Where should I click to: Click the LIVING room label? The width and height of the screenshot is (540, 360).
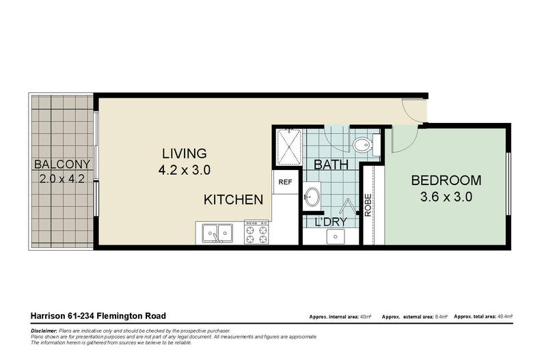coord(184,152)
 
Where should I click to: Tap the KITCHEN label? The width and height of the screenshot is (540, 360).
coord(233,200)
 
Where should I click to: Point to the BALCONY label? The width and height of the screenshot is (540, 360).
coord(62,164)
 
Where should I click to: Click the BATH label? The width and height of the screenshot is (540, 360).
coord(331,165)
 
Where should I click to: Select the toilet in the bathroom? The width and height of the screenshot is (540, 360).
coord(362,143)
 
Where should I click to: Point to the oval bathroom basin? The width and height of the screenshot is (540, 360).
coord(312,197)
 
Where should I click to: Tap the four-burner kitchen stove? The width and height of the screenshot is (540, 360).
coord(257,232)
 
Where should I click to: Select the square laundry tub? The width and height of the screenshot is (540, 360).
coord(334,236)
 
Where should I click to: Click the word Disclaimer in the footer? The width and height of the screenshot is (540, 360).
coord(44,331)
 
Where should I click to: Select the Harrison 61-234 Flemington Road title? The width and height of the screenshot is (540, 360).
coord(98,316)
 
